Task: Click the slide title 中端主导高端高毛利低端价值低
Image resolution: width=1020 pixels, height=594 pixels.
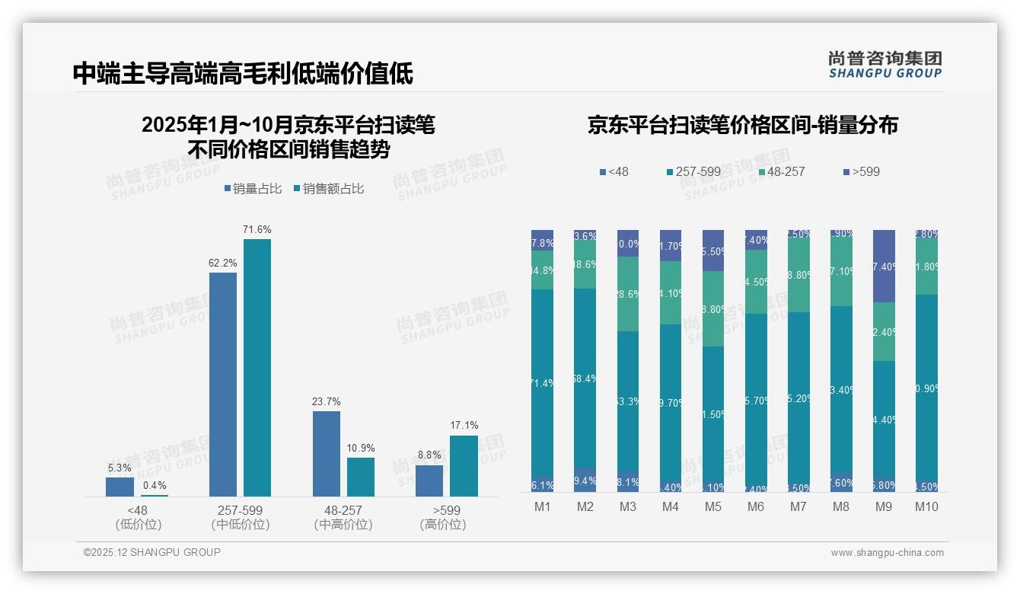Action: (x=243, y=74)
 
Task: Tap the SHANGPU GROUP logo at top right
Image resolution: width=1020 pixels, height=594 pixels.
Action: (x=885, y=65)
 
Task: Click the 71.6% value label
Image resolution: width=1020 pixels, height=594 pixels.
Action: (x=257, y=229)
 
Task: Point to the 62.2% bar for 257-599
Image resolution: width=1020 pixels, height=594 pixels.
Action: (x=223, y=385)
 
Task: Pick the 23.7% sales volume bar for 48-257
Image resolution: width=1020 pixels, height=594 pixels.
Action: (x=327, y=454)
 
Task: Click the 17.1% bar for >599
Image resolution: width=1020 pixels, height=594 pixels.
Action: (x=464, y=466)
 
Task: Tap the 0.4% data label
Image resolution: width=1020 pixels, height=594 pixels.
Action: (x=154, y=485)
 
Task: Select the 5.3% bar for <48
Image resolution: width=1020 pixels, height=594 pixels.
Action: (x=120, y=487)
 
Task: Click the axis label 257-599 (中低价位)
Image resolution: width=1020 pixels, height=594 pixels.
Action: (x=241, y=517)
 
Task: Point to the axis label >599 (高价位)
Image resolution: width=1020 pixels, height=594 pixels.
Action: (x=442, y=517)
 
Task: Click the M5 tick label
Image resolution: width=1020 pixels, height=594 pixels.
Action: (x=712, y=506)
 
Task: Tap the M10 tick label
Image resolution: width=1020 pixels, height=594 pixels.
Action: (x=926, y=506)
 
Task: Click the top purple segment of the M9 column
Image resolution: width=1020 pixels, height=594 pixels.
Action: (x=883, y=266)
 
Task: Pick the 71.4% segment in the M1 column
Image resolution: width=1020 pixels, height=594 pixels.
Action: (x=542, y=383)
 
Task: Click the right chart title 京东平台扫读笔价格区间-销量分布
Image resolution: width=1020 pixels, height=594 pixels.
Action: (x=742, y=125)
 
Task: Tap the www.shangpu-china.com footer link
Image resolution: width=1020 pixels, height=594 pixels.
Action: (x=887, y=553)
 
